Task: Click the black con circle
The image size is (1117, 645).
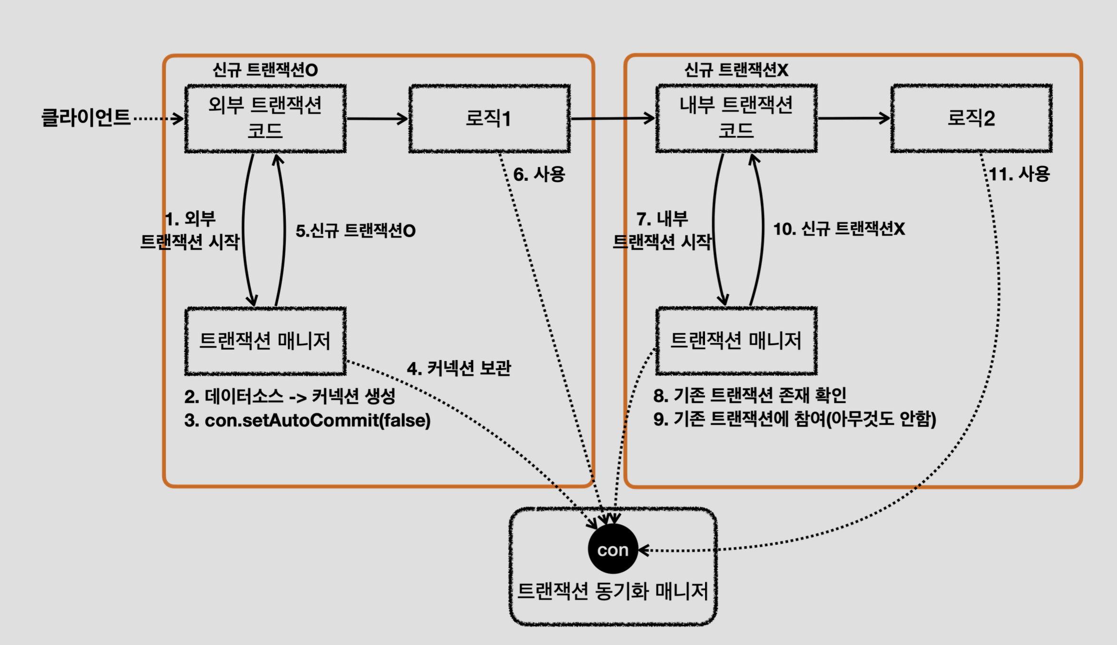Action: coord(613,549)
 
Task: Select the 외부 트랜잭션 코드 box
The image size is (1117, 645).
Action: coord(265,118)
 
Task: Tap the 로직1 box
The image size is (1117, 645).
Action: coord(489,118)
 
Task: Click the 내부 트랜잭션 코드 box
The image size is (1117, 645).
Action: coord(736,118)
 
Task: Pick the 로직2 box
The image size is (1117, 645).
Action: coord(971,118)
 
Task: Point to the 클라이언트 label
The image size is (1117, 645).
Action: coord(86,117)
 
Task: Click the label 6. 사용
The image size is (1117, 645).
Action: coord(539,174)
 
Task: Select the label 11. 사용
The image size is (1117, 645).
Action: coord(1019,174)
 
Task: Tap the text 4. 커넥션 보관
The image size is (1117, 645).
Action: coord(459,368)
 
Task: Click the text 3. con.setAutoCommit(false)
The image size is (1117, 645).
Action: coord(307,420)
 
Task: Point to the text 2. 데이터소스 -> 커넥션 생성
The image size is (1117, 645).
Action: coord(290,396)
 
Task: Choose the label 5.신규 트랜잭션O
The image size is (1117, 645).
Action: coord(355,231)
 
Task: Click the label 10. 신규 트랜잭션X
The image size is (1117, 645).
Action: coord(839,229)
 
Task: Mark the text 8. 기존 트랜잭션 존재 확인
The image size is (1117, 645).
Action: coord(750,395)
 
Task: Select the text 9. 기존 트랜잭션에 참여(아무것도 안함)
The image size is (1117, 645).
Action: coord(794,419)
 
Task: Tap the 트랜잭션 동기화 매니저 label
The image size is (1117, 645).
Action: coord(612,591)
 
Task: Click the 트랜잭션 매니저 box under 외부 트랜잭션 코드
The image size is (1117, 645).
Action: coord(265,341)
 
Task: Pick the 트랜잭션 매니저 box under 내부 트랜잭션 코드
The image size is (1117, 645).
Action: coord(736,341)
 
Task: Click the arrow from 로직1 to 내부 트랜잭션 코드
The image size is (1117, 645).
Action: coord(613,118)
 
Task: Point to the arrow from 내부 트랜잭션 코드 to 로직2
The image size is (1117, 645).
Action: coord(853,118)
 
